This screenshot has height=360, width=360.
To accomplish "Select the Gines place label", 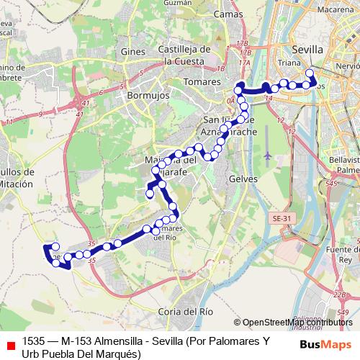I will (x=133, y=53).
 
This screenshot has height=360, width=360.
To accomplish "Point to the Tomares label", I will (x=202, y=84).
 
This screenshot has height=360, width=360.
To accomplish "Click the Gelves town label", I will (x=242, y=178).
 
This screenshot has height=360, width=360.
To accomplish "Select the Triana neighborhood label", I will (x=289, y=63).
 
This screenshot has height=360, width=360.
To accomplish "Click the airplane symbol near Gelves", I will (x=269, y=155).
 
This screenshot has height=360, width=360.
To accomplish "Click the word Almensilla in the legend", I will (x=103, y=341).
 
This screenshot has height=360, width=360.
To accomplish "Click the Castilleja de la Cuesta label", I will (x=185, y=55).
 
